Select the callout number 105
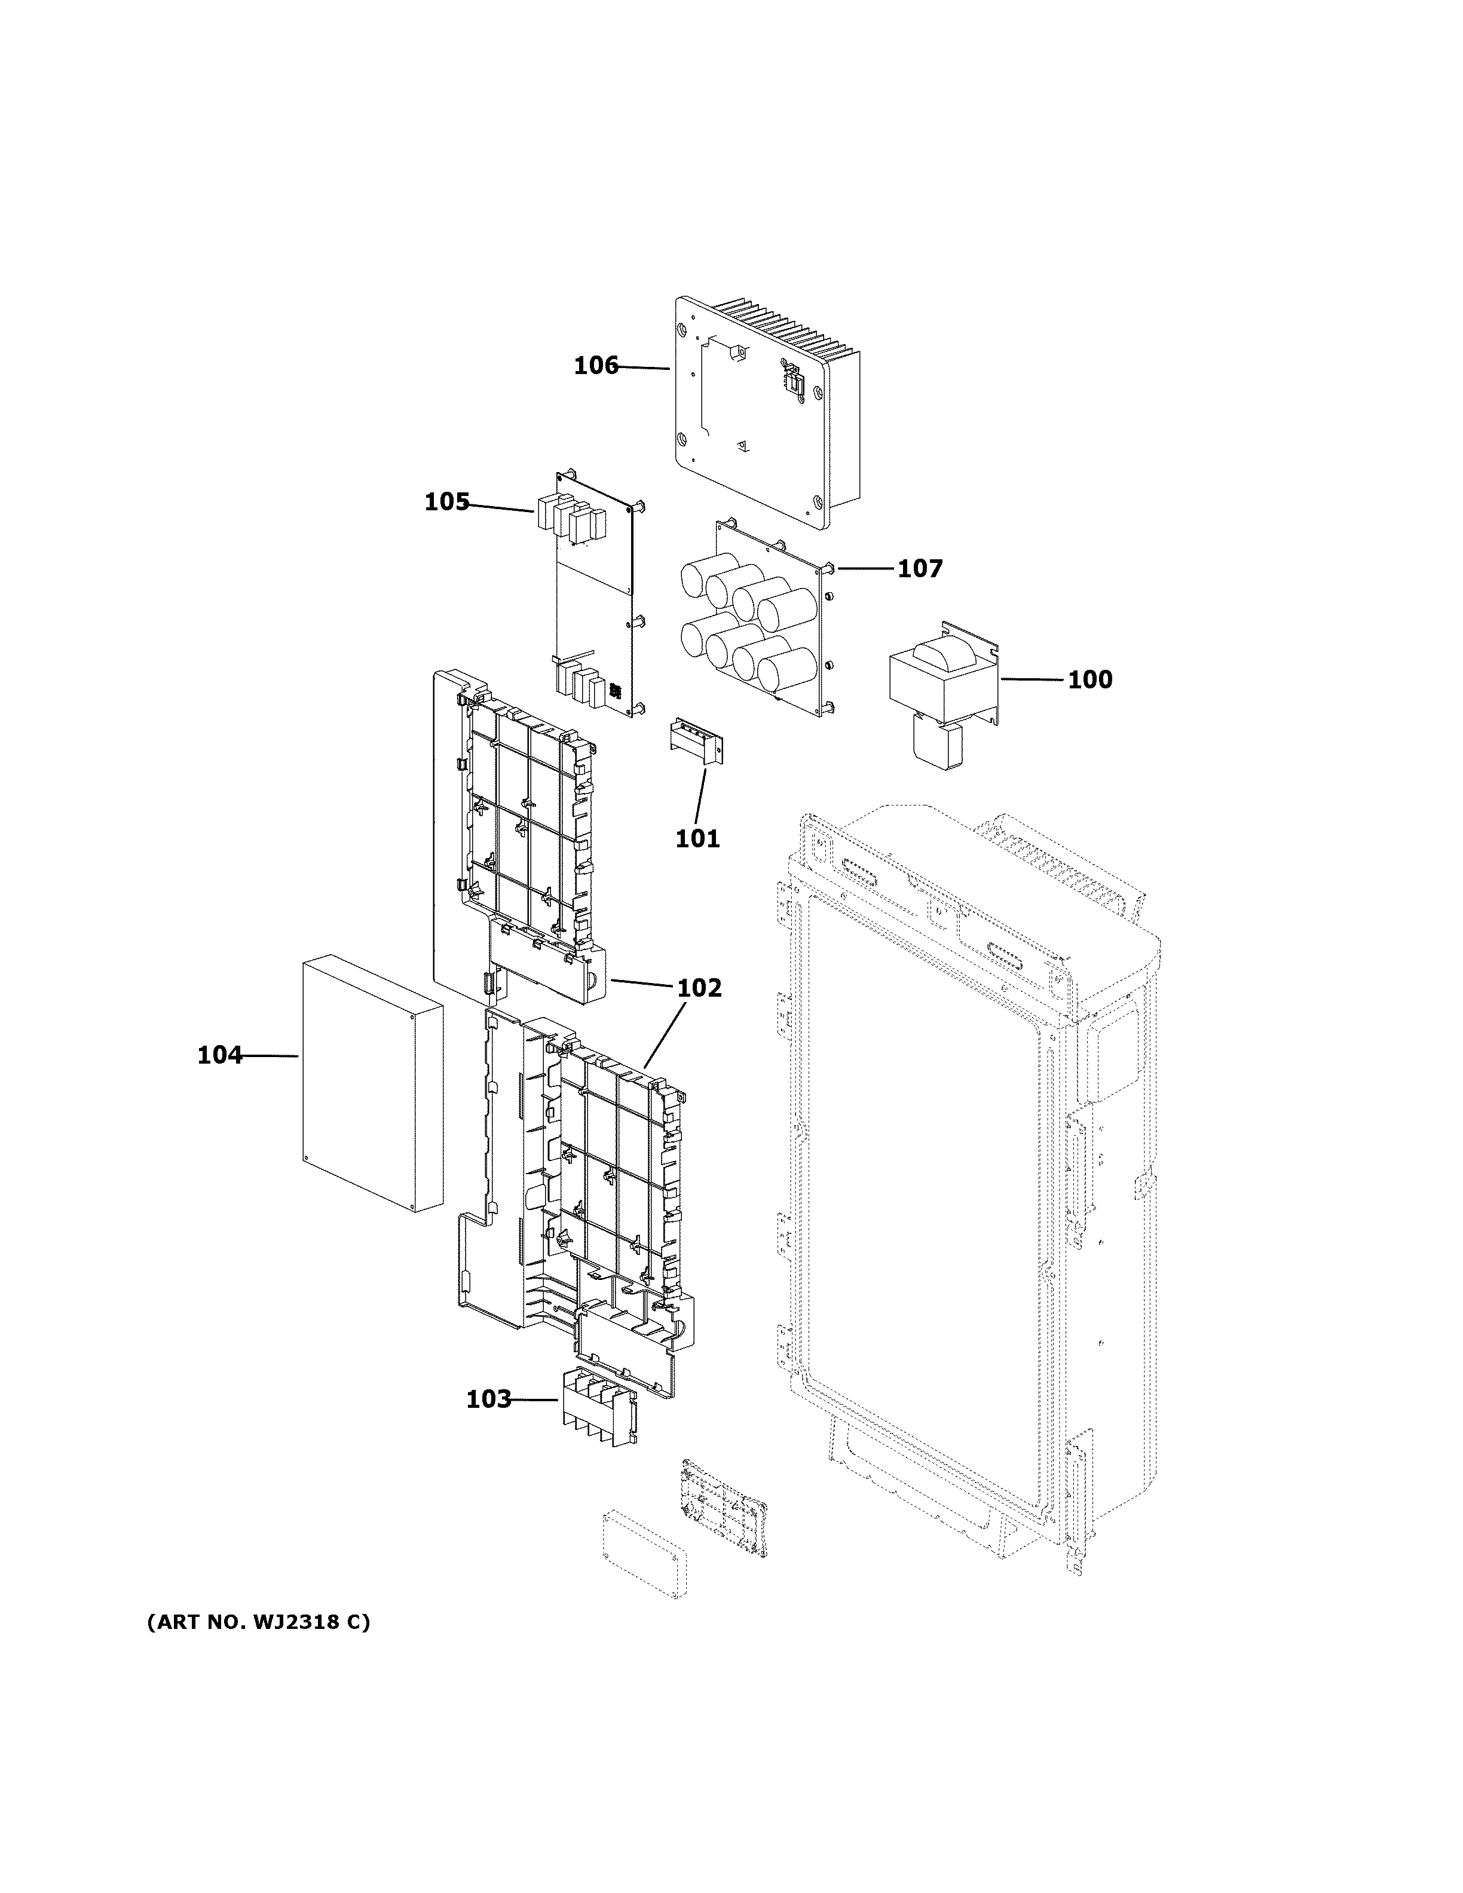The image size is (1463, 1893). coord(446,502)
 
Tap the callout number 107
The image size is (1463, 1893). coord(920,569)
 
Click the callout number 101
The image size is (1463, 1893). coord(697,839)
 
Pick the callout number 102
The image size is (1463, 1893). coord(699,988)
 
